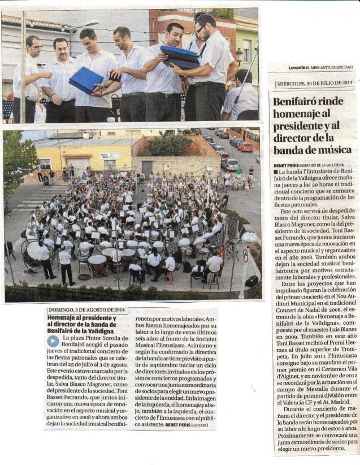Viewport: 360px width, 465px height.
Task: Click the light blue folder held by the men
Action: pos(86,80)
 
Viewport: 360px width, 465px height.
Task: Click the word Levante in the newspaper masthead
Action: pos(297,67)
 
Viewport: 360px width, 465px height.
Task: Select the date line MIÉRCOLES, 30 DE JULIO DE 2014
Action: pos(314,83)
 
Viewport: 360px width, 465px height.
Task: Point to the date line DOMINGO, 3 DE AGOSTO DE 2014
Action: pos(86,310)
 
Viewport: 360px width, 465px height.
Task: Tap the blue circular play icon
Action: pos(53,341)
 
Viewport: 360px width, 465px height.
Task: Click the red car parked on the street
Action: pos(245,147)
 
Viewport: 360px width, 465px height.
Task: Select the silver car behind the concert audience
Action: pos(230,164)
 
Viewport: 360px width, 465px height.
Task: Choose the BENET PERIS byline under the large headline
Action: pos(288,165)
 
